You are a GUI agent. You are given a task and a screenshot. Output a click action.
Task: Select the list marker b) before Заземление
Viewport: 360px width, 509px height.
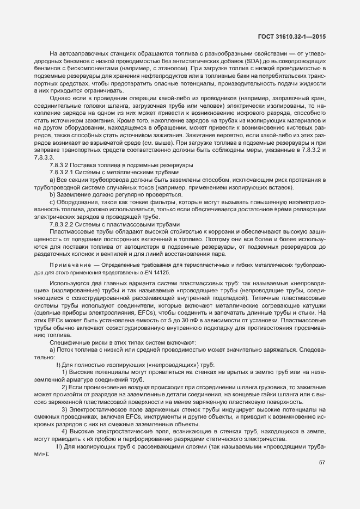coord(53,194)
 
